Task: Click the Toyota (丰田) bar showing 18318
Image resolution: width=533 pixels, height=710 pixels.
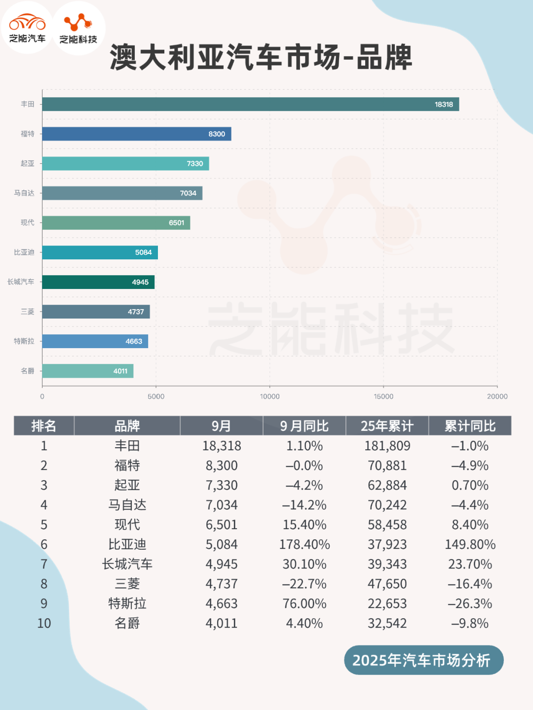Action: (x=250, y=104)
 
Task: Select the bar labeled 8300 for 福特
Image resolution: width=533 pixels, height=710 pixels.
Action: (x=136, y=134)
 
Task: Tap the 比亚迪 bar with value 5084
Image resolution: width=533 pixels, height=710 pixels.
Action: (x=100, y=252)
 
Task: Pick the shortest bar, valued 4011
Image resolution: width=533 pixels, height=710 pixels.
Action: (x=87, y=371)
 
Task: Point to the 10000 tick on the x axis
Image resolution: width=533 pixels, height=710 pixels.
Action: (x=269, y=396)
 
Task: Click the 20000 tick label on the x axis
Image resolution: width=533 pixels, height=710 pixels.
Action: (x=497, y=396)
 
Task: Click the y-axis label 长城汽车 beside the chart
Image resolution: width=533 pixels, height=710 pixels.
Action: (x=21, y=282)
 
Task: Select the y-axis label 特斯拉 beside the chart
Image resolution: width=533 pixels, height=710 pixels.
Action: (x=24, y=341)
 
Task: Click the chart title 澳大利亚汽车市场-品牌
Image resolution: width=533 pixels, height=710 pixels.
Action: (x=261, y=57)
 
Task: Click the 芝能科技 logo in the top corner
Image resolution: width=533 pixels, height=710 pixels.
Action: (x=78, y=28)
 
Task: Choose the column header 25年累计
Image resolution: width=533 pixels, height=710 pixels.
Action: (x=387, y=426)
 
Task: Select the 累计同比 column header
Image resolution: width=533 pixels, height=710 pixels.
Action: (x=470, y=426)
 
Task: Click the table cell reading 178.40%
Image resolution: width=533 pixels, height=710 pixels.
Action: (x=305, y=544)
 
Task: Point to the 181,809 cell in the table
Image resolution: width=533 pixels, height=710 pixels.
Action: (x=387, y=446)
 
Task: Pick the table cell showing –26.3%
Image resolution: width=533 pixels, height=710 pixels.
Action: (x=470, y=603)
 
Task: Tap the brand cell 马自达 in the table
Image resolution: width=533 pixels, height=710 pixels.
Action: (x=127, y=505)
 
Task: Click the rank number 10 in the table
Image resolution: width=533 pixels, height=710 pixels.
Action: (x=44, y=623)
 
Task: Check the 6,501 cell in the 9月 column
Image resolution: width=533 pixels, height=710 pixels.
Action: (x=222, y=525)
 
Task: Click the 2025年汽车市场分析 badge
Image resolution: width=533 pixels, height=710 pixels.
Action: (x=423, y=660)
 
